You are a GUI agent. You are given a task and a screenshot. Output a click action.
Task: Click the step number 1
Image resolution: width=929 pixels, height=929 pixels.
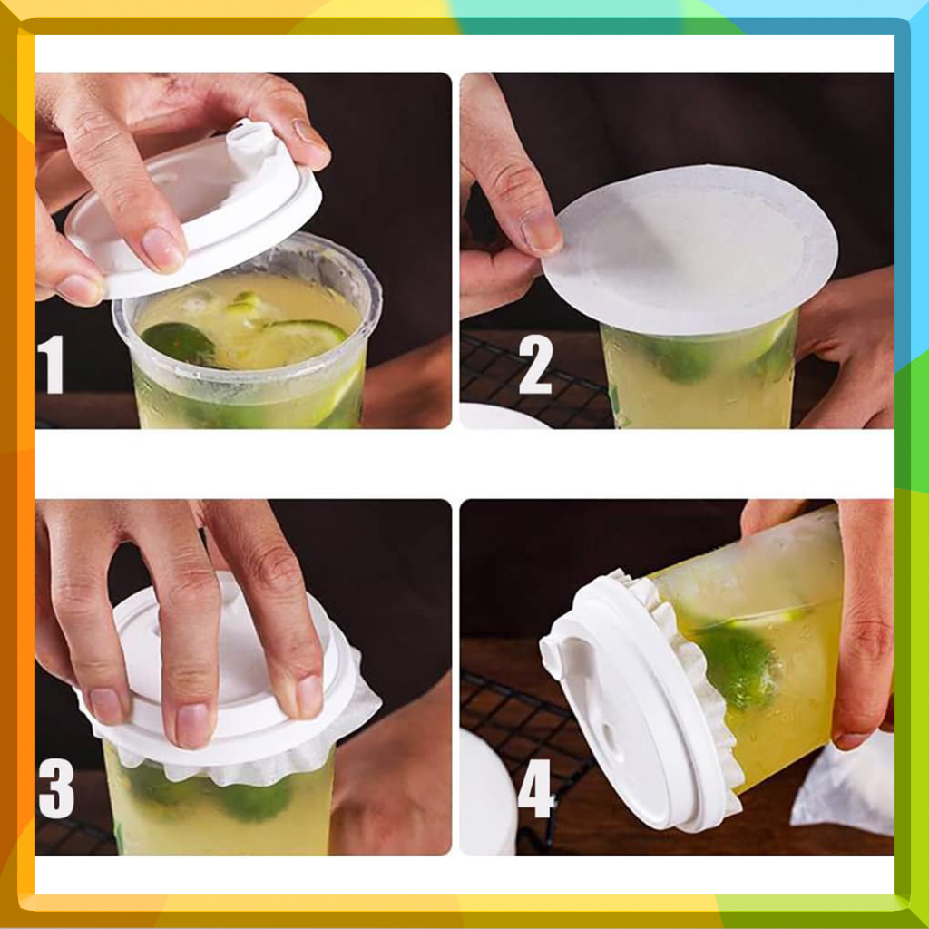52,364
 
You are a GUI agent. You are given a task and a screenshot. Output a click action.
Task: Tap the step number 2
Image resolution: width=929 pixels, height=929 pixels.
535,364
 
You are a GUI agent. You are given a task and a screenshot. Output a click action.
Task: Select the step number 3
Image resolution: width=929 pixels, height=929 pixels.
56,788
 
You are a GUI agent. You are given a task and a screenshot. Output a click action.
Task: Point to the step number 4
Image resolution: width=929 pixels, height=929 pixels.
536,788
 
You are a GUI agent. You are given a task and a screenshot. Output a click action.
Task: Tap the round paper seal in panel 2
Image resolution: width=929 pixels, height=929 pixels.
690,249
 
